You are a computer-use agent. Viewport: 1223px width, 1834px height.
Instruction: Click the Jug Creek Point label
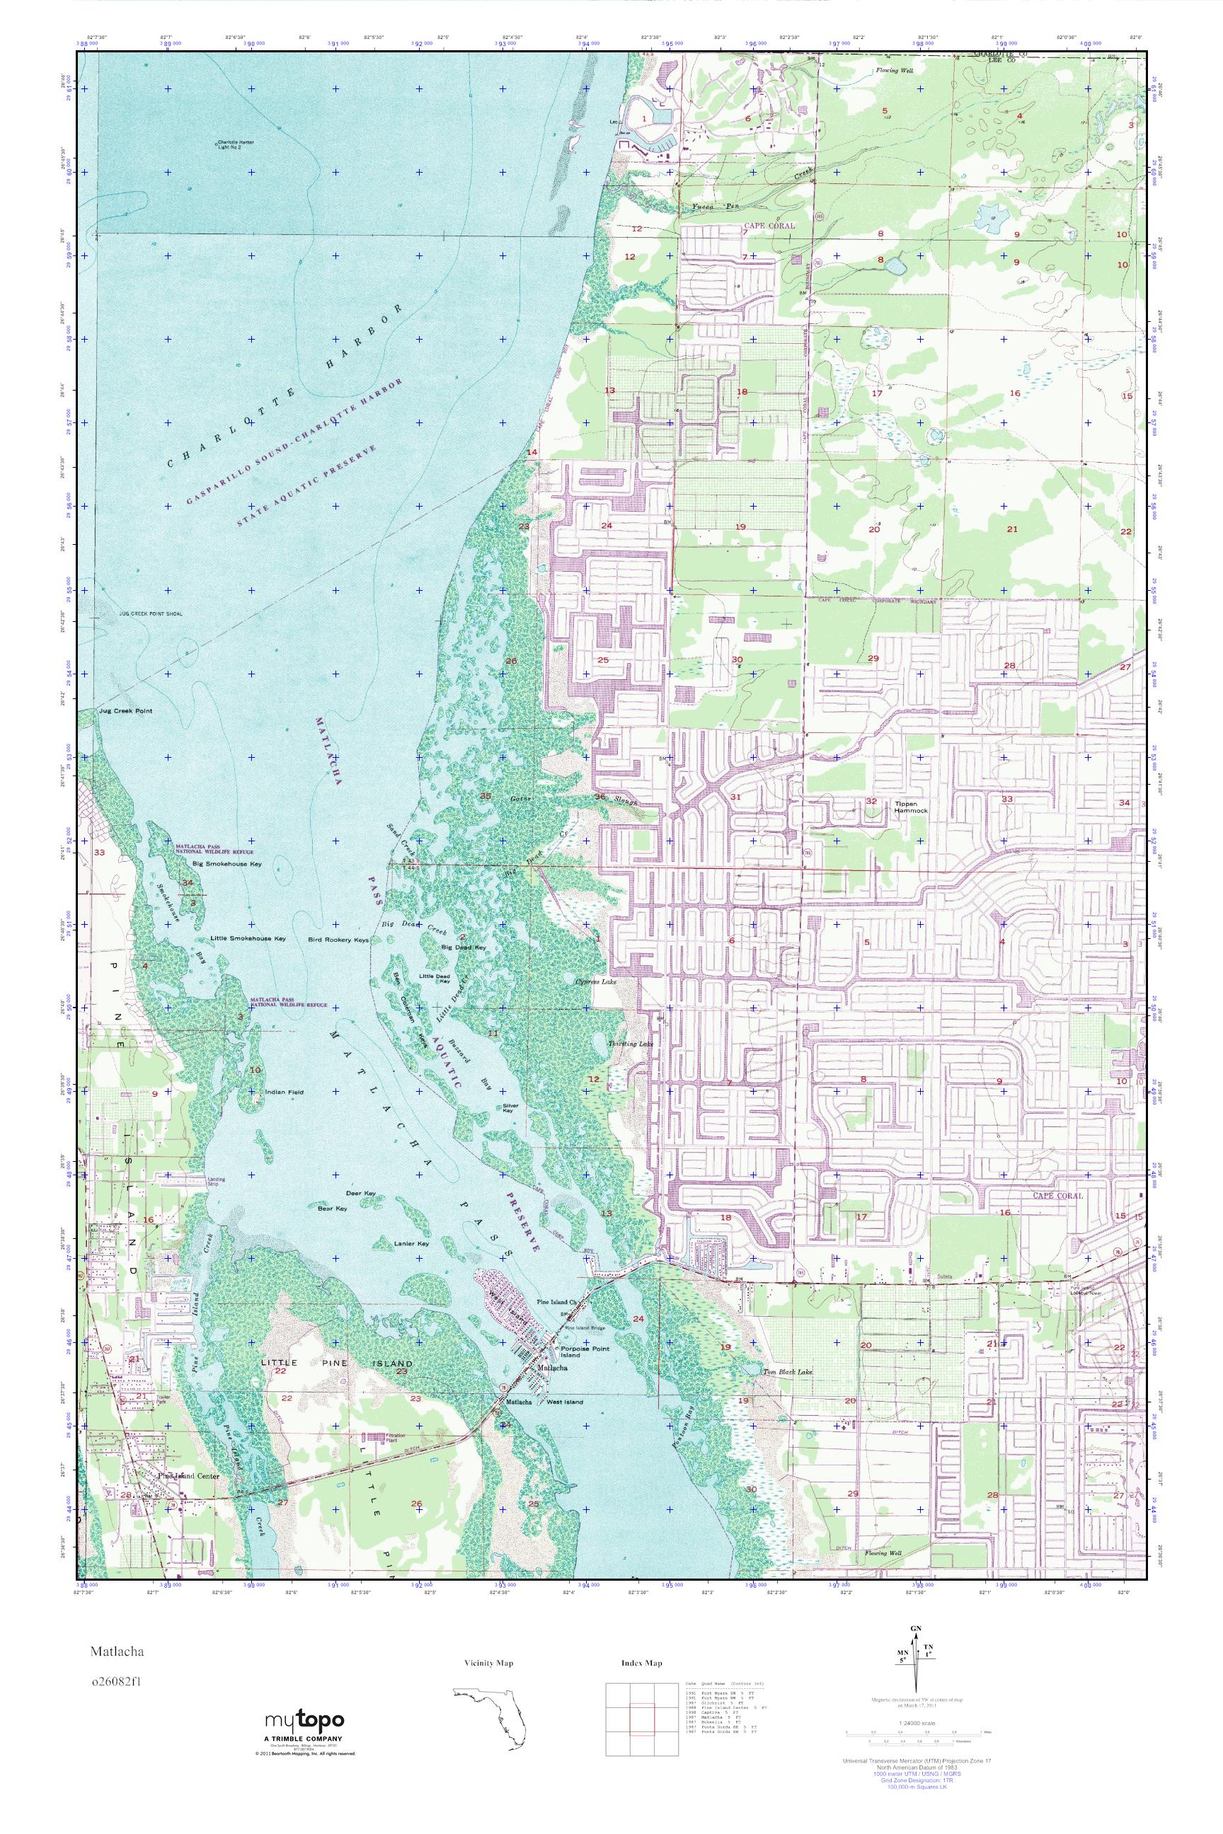(x=125, y=711)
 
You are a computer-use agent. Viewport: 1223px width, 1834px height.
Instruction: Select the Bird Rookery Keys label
(x=338, y=940)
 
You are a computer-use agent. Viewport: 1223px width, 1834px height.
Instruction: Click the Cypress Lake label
(x=595, y=983)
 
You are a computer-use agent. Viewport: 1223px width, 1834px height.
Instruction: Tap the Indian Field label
(x=284, y=1092)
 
